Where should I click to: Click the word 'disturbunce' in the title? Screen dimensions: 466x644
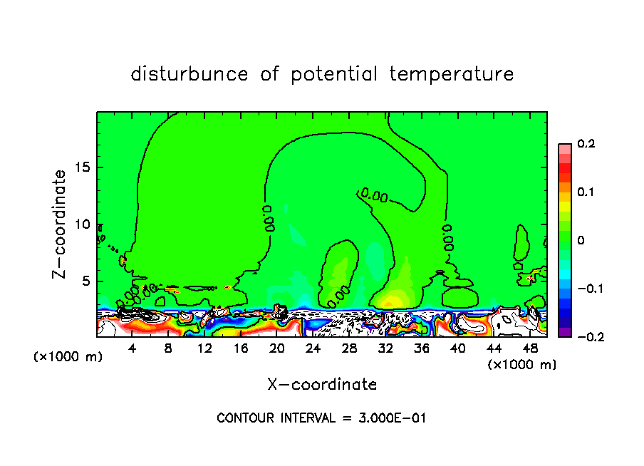[189, 74]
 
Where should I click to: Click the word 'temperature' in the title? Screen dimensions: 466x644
[451, 74]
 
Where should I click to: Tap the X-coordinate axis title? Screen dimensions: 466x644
[322, 385]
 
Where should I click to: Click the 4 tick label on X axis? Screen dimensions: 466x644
[133, 348]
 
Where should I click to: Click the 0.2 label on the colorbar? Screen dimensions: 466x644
[586, 144]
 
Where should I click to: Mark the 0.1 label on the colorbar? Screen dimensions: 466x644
[586, 192]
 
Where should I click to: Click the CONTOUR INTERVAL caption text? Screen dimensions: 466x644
[321, 418]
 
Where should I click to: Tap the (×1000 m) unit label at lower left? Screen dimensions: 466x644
[68, 357]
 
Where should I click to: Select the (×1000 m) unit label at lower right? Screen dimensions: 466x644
[521, 365]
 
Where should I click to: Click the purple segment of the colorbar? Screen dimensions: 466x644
[564, 332]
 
